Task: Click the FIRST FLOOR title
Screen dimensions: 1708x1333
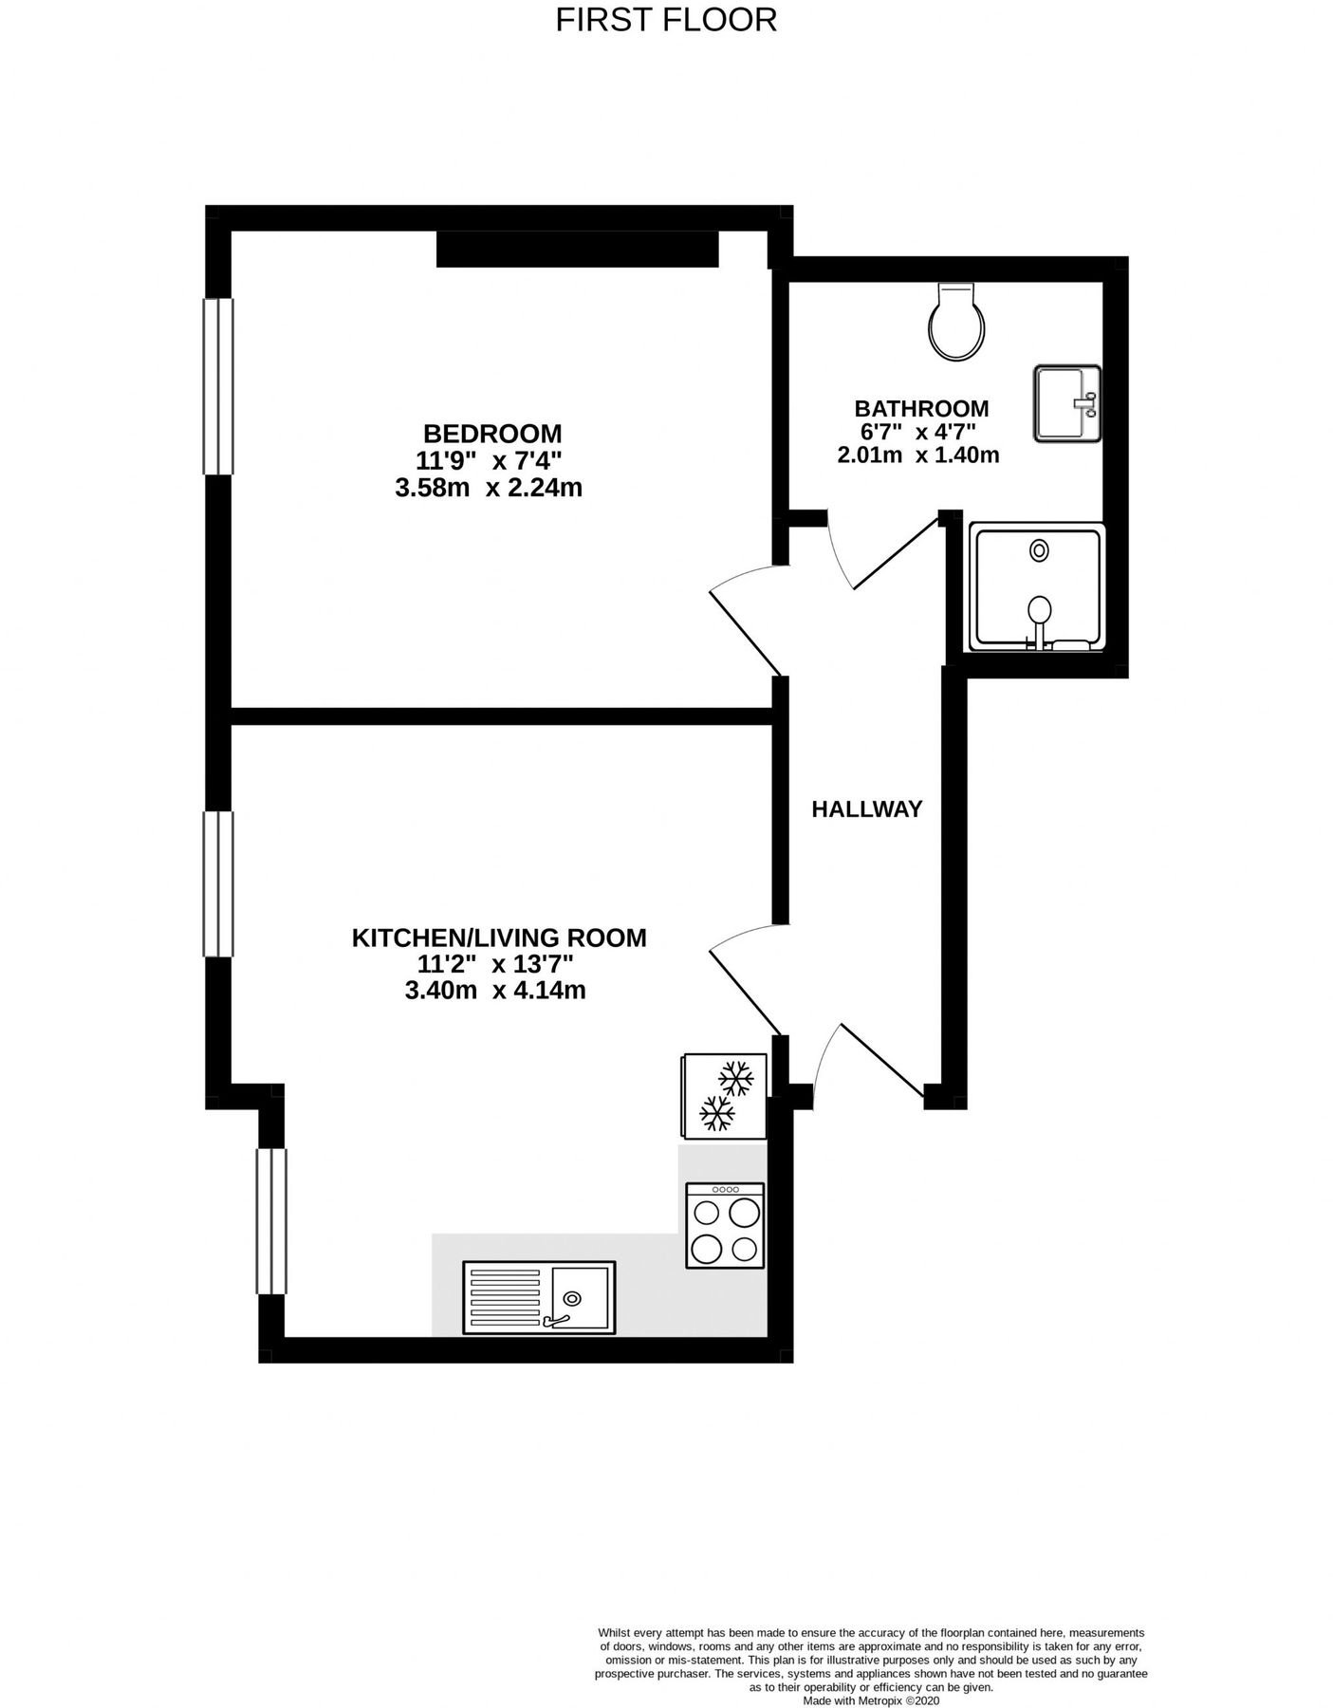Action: (x=666, y=19)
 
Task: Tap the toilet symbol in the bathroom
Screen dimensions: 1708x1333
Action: (x=955, y=323)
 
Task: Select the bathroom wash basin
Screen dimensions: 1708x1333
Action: (x=1066, y=403)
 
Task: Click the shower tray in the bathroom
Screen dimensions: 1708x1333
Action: (x=1038, y=588)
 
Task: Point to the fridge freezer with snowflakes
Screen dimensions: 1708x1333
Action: (x=724, y=1095)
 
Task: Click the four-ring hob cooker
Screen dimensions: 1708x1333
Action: (x=725, y=1225)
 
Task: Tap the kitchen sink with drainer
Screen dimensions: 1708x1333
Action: (x=538, y=1296)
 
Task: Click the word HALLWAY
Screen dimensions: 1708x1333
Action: (x=866, y=809)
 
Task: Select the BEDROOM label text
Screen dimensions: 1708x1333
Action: (x=491, y=434)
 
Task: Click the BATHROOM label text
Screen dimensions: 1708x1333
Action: (x=921, y=409)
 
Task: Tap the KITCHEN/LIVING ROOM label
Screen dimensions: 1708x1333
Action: (x=499, y=938)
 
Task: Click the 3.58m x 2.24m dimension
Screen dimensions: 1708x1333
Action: (x=489, y=489)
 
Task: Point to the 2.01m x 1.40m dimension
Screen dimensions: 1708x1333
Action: (x=917, y=455)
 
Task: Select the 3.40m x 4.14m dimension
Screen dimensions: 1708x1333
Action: (x=494, y=992)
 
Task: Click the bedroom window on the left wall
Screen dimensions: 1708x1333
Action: (x=218, y=386)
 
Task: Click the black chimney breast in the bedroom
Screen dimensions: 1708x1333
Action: (x=577, y=251)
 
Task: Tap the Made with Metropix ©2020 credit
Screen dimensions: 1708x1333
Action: (x=871, y=1701)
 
